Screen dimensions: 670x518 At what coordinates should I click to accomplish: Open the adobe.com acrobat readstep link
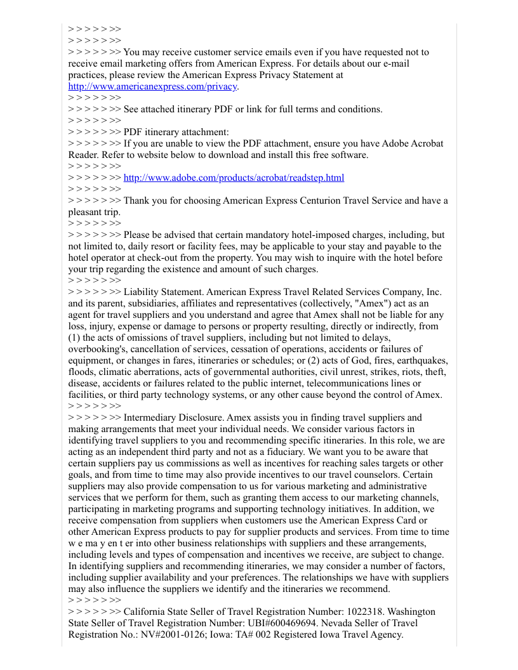[234, 178]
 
